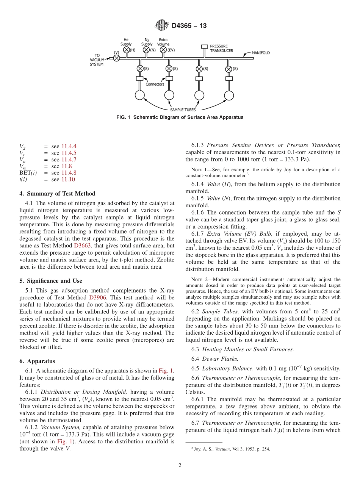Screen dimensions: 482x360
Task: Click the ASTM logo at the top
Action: pos(162,26)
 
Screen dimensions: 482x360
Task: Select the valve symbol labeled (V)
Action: pos(117,58)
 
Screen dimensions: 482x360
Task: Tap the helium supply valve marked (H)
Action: pos(127,50)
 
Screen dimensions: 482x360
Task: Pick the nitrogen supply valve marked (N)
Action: pos(147,50)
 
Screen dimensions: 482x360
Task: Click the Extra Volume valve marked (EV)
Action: pos(163,50)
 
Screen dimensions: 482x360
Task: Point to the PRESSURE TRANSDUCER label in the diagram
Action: pos(221,48)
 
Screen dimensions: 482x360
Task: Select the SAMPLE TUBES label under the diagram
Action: pos(182,110)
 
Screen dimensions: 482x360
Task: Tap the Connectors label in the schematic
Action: pos(155,84)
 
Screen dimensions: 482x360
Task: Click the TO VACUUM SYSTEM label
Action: pos(97,60)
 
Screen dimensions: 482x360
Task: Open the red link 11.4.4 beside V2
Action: pos(69,146)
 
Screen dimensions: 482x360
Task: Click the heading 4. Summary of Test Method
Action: pos(57,194)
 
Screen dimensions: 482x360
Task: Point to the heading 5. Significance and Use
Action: pos(50,281)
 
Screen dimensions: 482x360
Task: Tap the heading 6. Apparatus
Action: pos(37,361)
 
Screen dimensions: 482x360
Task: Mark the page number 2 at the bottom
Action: pos(180,465)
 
